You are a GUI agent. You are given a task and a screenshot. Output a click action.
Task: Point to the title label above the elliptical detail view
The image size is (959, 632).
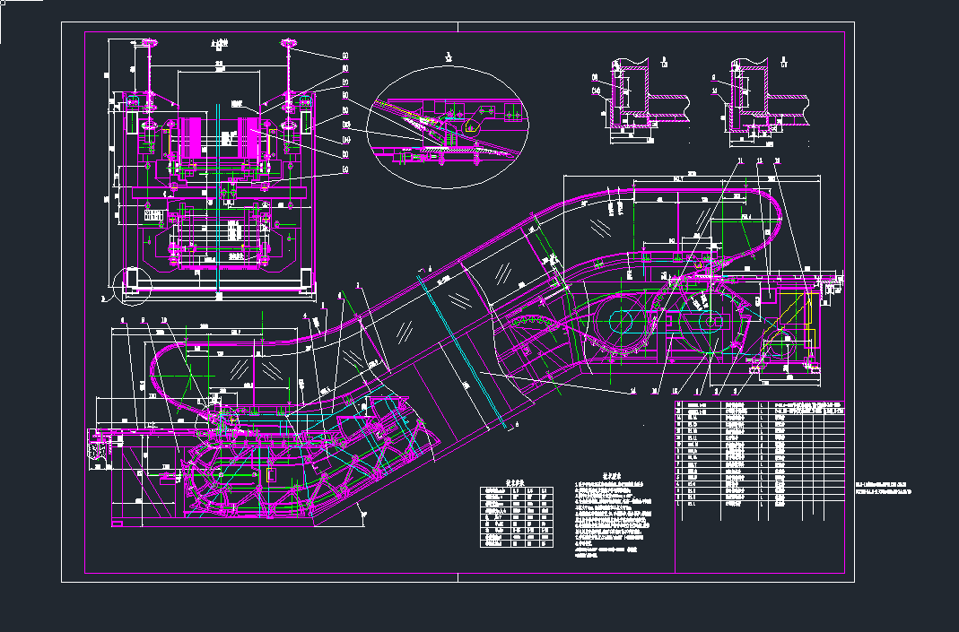click(449, 57)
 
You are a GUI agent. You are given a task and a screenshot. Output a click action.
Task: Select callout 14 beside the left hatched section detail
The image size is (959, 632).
click(596, 90)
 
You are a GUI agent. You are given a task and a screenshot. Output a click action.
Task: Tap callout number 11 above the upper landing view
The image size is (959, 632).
click(741, 161)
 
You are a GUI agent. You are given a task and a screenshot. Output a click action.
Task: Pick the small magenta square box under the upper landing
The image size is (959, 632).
click(769, 297)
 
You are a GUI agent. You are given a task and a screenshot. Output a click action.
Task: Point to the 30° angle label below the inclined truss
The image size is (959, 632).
click(363, 512)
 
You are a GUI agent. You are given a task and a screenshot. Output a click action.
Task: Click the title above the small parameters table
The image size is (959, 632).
click(515, 480)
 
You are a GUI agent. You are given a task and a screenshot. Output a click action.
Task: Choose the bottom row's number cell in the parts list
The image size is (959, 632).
click(692, 505)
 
